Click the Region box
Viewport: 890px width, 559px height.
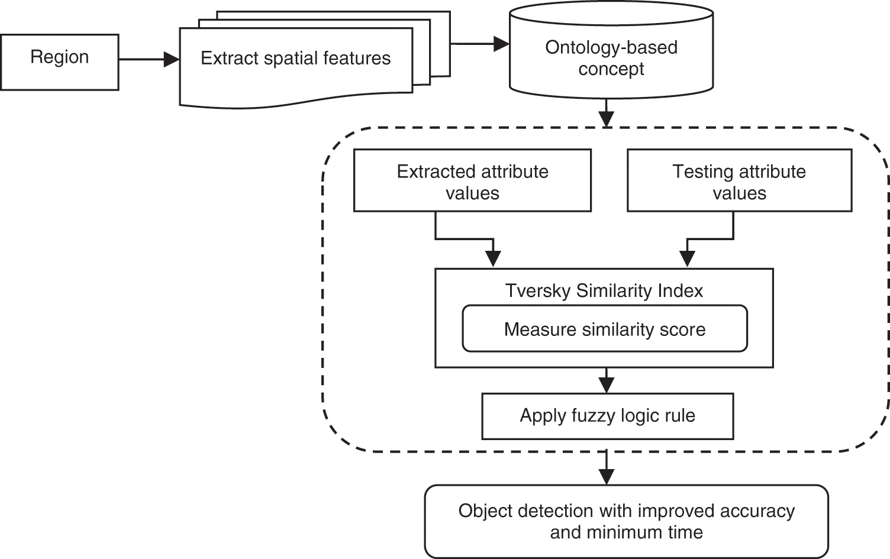[x=59, y=62]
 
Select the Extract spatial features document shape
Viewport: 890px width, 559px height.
[x=295, y=65]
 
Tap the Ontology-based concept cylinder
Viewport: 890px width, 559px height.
[x=611, y=58]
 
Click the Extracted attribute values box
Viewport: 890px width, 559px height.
[x=472, y=180]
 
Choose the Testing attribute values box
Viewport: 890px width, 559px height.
[x=739, y=180]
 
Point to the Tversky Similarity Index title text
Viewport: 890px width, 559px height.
[x=604, y=290]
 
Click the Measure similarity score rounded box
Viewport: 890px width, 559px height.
[x=604, y=329]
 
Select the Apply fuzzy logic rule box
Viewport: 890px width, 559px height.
[x=607, y=416]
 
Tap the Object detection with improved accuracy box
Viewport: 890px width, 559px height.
[x=626, y=521]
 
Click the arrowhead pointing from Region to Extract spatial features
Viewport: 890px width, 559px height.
[x=172, y=59]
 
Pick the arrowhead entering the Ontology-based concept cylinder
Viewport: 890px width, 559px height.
[x=502, y=44]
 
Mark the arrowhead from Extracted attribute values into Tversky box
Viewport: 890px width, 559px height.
[x=493, y=259]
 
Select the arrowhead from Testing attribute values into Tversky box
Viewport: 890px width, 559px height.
[x=686, y=259]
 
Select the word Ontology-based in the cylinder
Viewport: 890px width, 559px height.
[x=611, y=47]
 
